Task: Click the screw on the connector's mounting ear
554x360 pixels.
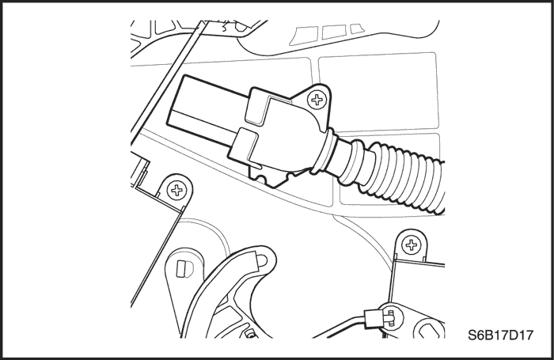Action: pos(319,100)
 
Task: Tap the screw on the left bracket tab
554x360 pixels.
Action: pos(177,190)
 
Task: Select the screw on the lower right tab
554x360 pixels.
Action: pos(411,244)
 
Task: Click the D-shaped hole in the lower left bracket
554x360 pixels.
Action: pos(183,268)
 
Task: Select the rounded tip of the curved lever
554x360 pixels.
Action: pos(265,255)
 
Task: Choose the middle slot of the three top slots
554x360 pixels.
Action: pos(330,32)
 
